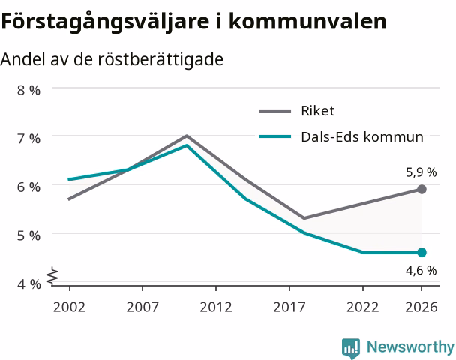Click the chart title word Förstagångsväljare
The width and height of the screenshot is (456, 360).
pyautogui.click(x=105, y=22)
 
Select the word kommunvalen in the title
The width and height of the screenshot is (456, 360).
pyautogui.click(x=307, y=21)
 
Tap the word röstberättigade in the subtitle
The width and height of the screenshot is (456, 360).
pyautogui.click(x=160, y=59)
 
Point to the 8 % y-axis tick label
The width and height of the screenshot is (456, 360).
pyautogui.click(x=28, y=90)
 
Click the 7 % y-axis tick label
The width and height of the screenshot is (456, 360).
pyautogui.click(x=28, y=139)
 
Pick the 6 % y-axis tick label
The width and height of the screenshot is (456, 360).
pyautogui.click(x=28, y=187)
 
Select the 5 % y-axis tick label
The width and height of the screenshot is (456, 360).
pyautogui.click(x=28, y=235)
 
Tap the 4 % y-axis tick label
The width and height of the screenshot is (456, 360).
pyautogui.click(x=28, y=283)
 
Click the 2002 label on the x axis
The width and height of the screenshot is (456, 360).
pyautogui.click(x=69, y=307)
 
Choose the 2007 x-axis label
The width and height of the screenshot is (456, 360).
pyautogui.click(x=142, y=307)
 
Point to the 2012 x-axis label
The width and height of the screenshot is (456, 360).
pyautogui.click(x=216, y=307)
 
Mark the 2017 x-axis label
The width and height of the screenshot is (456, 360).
pyautogui.click(x=289, y=307)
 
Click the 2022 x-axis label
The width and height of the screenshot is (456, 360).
pyautogui.click(x=363, y=307)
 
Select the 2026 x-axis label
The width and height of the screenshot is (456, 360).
pyautogui.click(x=421, y=307)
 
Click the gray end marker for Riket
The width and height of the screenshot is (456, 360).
pyautogui.click(x=421, y=189)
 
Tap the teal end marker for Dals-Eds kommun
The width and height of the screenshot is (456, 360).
pyautogui.click(x=421, y=252)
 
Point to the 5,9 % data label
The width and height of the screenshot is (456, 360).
pyautogui.click(x=421, y=172)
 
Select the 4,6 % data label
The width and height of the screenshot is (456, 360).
pyautogui.click(x=421, y=271)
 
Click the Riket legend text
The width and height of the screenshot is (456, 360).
pyautogui.click(x=317, y=111)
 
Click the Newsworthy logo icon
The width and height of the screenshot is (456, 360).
pyautogui.click(x=351, y=348)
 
